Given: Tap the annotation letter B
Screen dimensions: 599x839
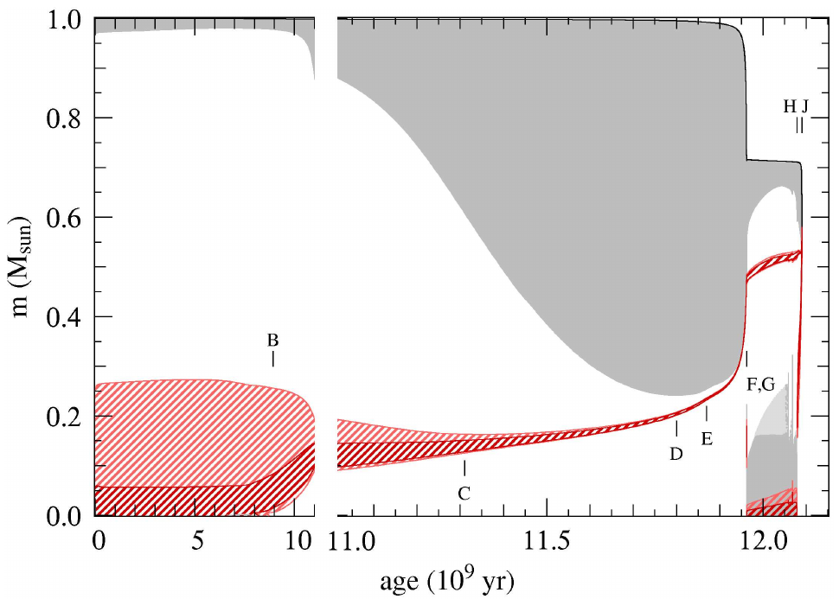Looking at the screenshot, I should click(x=272, y=340).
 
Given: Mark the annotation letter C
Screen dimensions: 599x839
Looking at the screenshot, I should click(x=464, y=494).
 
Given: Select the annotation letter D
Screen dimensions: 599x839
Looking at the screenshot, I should click(x=676, y=452).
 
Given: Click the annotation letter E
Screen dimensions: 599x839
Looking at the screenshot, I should click(x=707, y=438).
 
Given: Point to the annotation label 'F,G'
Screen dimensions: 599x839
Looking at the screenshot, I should click(x=760, y=386).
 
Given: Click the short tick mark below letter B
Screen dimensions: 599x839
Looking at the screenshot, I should click(x=273, y=358).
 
